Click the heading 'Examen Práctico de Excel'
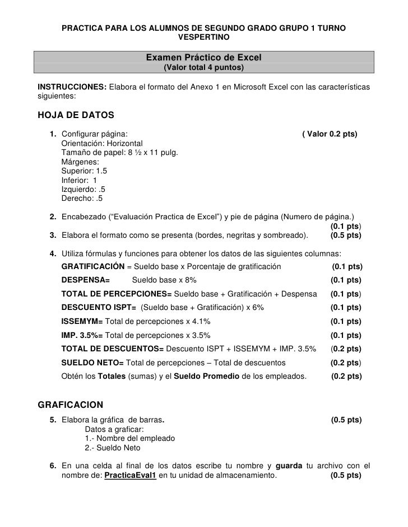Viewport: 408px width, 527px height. coord(203,58)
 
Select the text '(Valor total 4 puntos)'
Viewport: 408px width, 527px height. coord(203,68)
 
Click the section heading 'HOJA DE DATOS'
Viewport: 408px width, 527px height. coord(75,116)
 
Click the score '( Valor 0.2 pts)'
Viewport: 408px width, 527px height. coord(330,134)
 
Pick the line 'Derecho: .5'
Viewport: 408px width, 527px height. coord(82,198)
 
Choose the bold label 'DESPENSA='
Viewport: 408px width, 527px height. coord(85,280)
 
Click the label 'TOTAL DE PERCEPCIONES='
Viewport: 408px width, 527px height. coord(117,294)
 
